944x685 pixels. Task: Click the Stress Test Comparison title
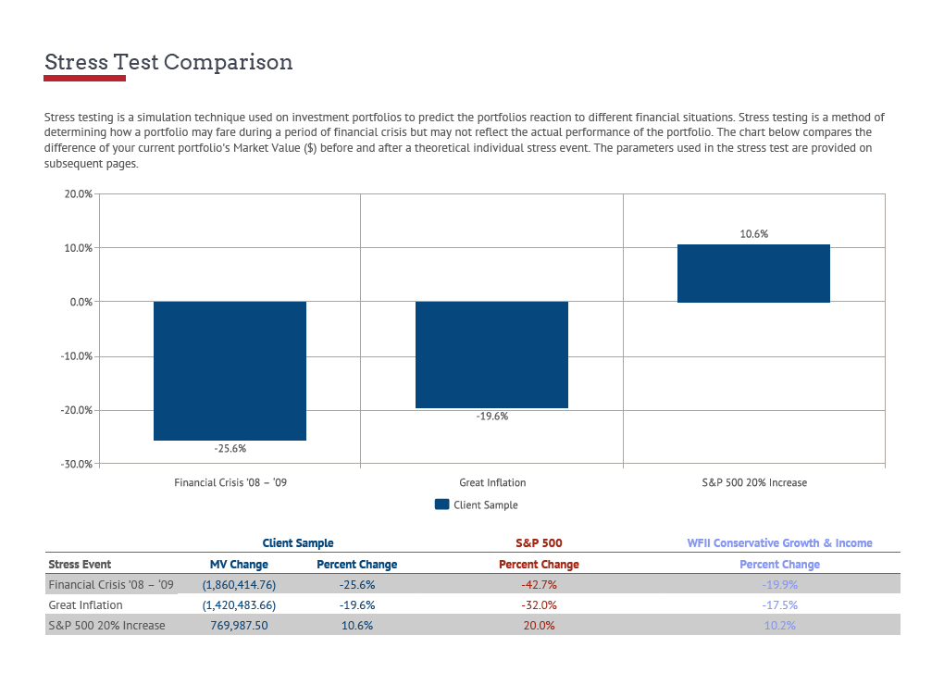point(168,62)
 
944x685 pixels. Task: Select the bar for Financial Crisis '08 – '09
point(230,370)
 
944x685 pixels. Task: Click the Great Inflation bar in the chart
point(491,355)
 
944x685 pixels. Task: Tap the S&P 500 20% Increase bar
point(753,273)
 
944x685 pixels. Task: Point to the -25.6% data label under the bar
point(230,448)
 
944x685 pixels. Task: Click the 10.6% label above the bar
point(753,234)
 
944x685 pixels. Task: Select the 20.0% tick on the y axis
point(78,194)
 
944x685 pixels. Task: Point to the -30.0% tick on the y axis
point(76,465)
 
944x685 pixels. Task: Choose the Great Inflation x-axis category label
point(492,482)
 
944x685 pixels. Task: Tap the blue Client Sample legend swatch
point(441,504)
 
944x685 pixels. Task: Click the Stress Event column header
point(80,564)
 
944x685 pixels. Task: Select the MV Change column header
point(239,564)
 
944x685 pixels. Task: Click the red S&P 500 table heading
point(539,543)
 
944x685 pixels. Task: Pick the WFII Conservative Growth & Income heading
point(779,543)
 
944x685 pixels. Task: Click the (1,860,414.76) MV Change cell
point(239,584)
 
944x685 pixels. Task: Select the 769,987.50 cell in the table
point(239,625)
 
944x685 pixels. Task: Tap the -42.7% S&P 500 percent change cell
point(539,584)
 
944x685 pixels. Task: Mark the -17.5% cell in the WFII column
point(779,604)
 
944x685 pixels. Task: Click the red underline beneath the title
point(84,79)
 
